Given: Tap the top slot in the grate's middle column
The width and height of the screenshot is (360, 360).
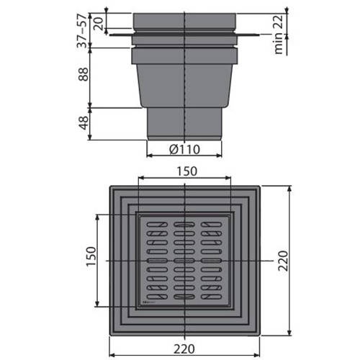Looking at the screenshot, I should tap(184, 225).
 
